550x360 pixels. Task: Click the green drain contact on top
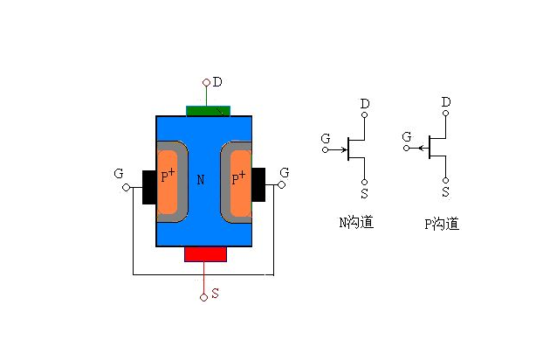coord(205,110)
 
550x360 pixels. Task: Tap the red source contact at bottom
coord(205,253)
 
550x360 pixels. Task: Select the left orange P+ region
coord(168,180)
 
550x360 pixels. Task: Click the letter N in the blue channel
coord(201,180)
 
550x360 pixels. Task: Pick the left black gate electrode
coord(148,186)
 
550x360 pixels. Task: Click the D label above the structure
coord(217,82)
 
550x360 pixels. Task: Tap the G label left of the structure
coord(118,174)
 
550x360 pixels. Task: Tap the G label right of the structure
coord(284,174)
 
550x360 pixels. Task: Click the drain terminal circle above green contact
coord(206,83)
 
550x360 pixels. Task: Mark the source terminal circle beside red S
coord(204,297)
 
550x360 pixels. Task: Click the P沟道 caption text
coord(442,224)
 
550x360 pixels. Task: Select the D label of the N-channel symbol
coord(365,104)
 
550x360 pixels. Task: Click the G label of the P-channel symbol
coord(406,137)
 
